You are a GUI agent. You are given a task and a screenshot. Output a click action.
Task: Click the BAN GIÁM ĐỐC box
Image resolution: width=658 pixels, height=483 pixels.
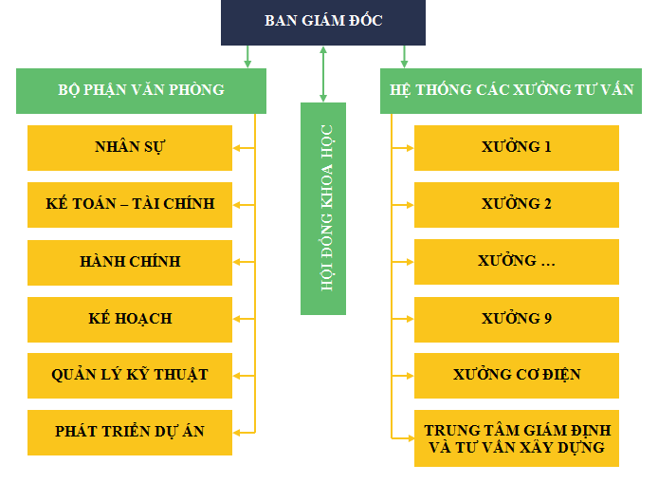click(323, 22)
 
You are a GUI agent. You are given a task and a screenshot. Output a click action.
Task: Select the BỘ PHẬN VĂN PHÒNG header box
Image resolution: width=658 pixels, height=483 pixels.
click(141, 91)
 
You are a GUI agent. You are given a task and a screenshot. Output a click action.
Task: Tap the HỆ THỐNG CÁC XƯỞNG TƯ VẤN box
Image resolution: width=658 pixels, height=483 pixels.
click(511, 91)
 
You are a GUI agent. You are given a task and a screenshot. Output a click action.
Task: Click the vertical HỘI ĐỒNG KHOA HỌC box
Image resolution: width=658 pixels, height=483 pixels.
click(323, 209)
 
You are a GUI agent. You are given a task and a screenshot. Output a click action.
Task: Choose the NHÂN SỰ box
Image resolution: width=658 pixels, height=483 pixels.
click(130, 148)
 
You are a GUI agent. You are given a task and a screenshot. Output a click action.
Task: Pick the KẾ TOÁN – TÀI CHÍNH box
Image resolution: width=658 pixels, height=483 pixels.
click(130, 205)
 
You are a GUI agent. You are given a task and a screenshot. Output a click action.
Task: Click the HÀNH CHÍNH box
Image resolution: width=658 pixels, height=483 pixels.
click(130, 263)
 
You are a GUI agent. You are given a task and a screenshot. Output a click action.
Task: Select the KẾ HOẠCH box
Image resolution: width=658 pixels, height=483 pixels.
click(130, 320)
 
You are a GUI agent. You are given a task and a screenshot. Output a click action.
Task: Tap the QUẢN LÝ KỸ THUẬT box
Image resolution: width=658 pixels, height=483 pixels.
click(130, 376)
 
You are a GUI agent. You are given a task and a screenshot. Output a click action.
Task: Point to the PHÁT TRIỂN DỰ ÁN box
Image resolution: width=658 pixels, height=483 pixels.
click(130, 433)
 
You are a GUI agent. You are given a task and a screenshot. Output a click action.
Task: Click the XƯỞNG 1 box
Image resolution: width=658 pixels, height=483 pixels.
click(517, 148)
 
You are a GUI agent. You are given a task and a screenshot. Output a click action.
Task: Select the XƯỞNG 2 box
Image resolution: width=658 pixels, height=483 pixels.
click(517, 205)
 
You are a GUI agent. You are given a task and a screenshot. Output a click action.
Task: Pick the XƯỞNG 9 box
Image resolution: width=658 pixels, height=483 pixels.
click(517, 320)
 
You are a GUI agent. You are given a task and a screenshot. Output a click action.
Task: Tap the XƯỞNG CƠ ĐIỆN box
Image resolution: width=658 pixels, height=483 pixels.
click(517, 376)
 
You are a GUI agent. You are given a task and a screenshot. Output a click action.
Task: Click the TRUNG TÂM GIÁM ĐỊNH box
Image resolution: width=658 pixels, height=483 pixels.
click(517, 438)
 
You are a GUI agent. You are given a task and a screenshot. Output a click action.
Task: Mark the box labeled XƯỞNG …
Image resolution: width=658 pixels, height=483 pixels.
click(517, 262)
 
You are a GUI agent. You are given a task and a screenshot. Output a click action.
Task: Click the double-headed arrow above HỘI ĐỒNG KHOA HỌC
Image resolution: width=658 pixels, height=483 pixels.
click(323, 74)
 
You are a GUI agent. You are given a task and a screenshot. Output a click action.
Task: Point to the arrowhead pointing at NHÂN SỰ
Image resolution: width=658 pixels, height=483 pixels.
click(237, 148)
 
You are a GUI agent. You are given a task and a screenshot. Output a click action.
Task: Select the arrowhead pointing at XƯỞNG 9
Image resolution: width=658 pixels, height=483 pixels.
click(410, 319)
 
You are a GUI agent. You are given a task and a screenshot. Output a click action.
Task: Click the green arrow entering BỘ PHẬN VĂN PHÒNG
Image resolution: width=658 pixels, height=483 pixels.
click(247, 57)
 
